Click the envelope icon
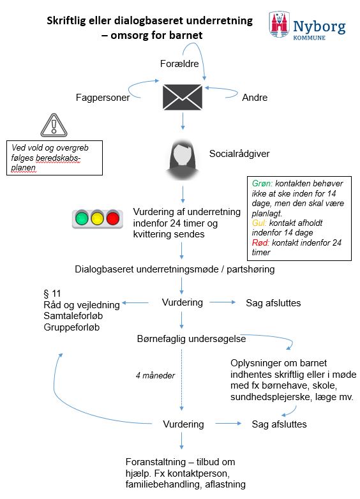pyautogui.click(x=183, y=96)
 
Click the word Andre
pyautogui.click(x=255, y=98)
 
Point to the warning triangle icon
pyautogui.click(x=53, y=125)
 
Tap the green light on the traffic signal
pyautogui.click(x=81, y=219)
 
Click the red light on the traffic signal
pyautogui.click(x=113, y=219)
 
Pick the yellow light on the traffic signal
pyautogui.click(x=97, y=219)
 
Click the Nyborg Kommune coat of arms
pyautogui.click(x=279, y=25)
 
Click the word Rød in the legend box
pyautogui.click(x=259, y=243)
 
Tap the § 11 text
pyautogui.click(x=50, y=293)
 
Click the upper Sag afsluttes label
pyautogui.click(x=273, y=302)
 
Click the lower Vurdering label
pyautogui.click(x=183, y=424)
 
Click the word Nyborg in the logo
pyautogui.click(x=319, y=26)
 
